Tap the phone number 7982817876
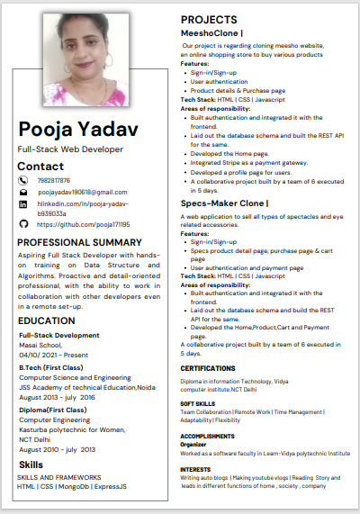click(54, 180)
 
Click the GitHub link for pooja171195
click(84, 224)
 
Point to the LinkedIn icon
click(23, 205)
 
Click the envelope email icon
click(23, 193)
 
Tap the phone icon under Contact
click(23, 180)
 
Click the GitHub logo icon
click(23, 224)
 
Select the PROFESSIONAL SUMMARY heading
click(79, 242)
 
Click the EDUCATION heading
click(46, 320)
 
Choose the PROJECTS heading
click(209, 19)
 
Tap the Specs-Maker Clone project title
click(224, 203)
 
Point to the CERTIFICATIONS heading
click(208, 368)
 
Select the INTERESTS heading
click(195, 469)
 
